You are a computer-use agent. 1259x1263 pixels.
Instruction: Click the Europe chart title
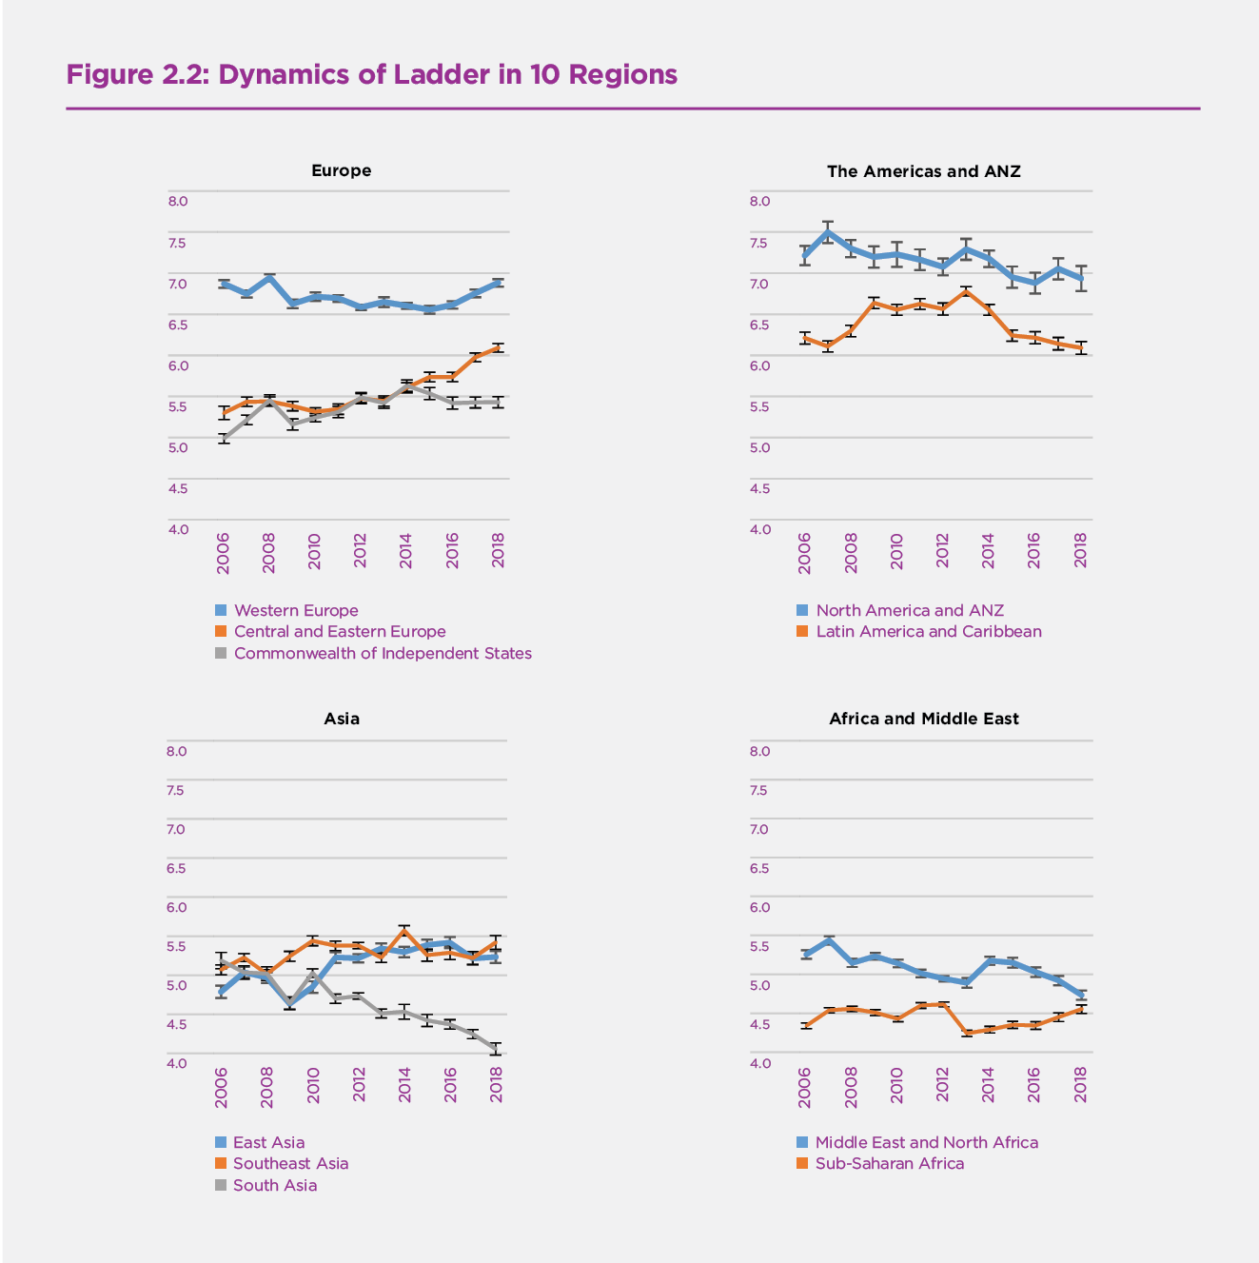341,170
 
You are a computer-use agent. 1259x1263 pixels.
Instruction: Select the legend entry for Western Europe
296,610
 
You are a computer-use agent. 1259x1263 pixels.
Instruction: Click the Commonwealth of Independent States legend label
383,653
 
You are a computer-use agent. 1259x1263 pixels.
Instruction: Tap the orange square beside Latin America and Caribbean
802,632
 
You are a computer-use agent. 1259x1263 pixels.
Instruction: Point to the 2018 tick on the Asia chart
496,1084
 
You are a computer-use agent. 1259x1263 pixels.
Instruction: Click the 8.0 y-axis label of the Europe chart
178,201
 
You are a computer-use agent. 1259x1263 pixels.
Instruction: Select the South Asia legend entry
275,1185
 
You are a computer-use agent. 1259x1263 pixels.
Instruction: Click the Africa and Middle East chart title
923,719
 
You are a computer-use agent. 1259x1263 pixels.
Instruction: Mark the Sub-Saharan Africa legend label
889,1163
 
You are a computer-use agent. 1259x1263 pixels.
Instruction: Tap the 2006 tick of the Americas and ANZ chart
805,552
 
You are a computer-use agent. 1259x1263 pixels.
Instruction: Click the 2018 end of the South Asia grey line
496,1049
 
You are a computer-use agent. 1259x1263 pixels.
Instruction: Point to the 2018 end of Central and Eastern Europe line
498,348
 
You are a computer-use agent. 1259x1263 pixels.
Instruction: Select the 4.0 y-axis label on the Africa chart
759,1063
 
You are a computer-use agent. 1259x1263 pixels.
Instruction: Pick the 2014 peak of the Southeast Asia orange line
404,929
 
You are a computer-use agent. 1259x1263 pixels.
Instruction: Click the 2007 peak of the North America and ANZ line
828,232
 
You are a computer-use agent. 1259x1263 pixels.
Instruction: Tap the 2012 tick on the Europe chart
361,551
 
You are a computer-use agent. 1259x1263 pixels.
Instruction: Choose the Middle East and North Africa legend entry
926,1142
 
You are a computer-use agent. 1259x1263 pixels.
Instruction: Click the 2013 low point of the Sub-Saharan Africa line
967,1033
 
